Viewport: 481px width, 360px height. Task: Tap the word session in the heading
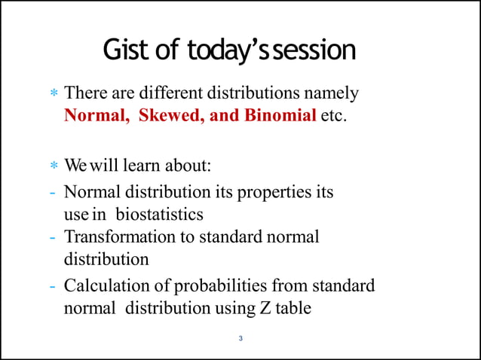(317, 50)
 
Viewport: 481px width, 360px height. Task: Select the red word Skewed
(166, 118)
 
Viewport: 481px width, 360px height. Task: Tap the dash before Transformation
(53, 236)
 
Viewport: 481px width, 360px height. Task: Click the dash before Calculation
(53, 286)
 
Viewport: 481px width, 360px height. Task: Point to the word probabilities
(221, 286)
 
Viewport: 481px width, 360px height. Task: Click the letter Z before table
(262, 308)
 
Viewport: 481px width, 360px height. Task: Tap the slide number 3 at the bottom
(240, 338)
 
